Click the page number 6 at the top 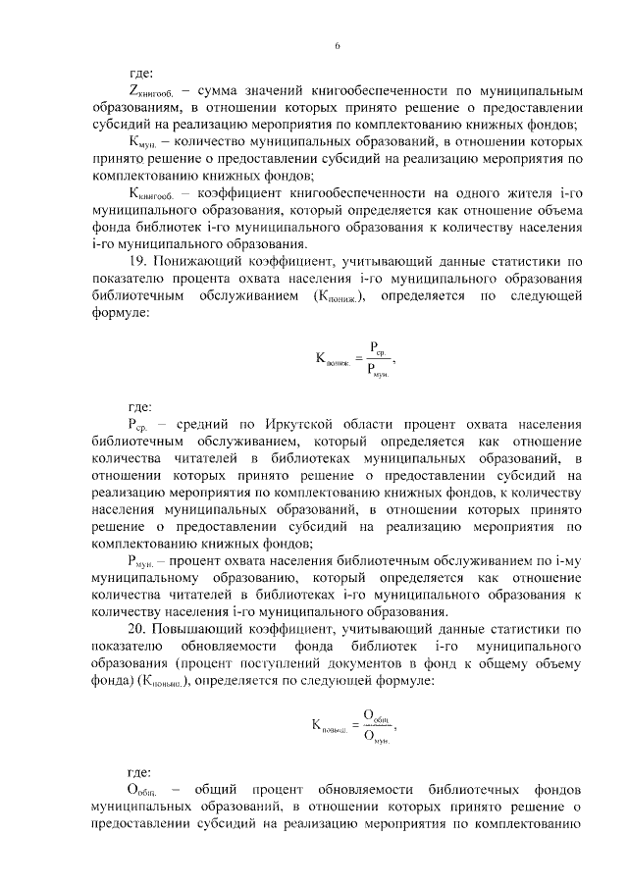click(x=336, y=46)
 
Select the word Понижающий click(x=202, y=262)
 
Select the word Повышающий click(x=203, y=626)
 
